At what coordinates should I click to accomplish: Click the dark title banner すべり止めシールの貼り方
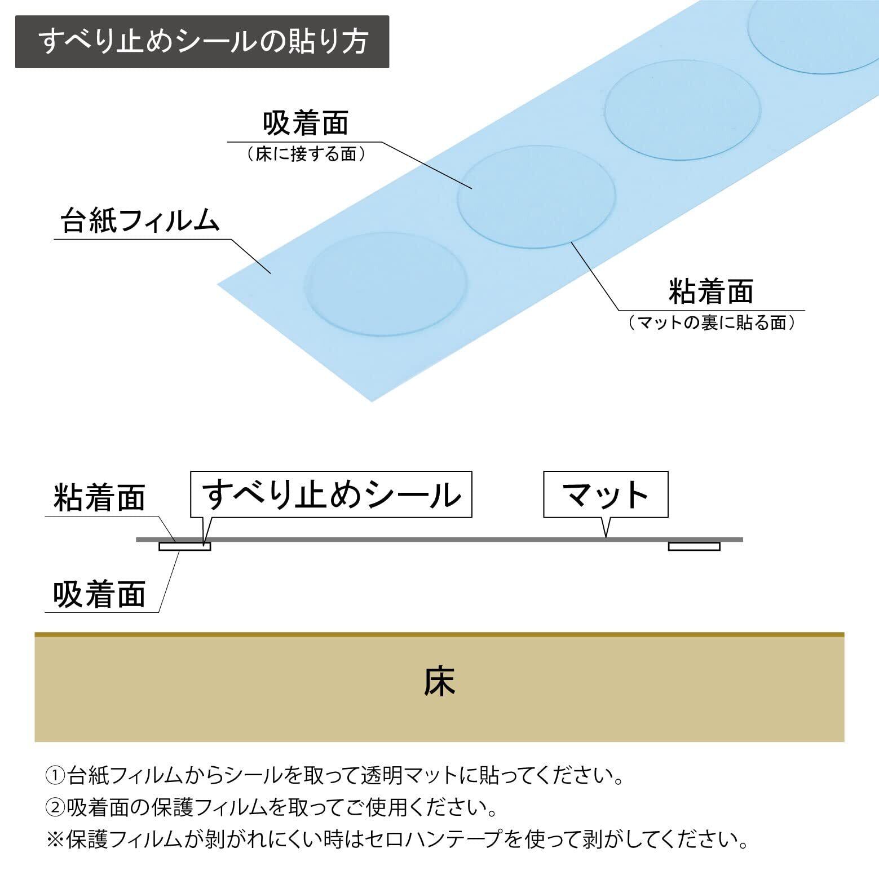[x=202, y=42]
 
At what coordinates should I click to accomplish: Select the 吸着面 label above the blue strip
[x=306, y=123]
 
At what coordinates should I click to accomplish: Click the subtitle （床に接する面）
[x=306, y=154]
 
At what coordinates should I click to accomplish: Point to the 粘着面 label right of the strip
[x=710, y=291]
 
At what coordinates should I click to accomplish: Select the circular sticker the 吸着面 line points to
[x=536, y=197]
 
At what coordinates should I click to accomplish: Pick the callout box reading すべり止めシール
[x=331, y=494]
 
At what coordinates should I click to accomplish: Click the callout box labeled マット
[x=606, y=494]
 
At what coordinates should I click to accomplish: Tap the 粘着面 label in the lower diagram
[x=99, y=497]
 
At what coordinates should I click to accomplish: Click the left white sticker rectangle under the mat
[x=184, y=546]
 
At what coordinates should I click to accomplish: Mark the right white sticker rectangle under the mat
[x=694, y=546]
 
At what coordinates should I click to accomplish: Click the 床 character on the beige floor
[x=439, y=682]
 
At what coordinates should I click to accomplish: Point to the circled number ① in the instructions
[x=55, y=776]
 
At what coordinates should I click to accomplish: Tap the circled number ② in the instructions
[x=55, y=808]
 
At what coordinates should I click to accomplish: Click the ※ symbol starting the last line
[x=55, y=840]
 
